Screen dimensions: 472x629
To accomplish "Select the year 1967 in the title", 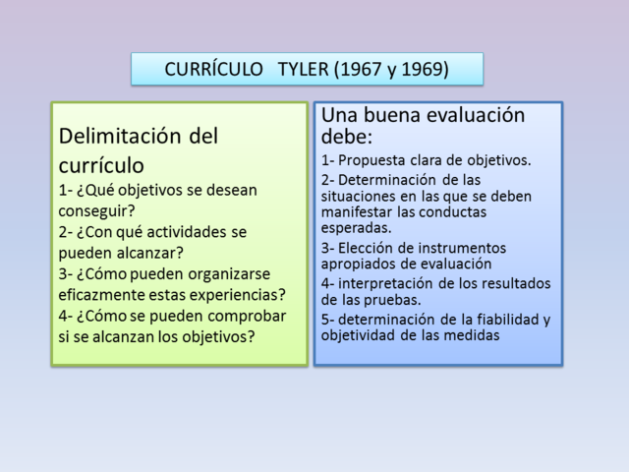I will (x=360, y=70).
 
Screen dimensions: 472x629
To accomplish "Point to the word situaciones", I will (x=364, y=197).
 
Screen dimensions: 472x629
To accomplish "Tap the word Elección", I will (x=366, y=248).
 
